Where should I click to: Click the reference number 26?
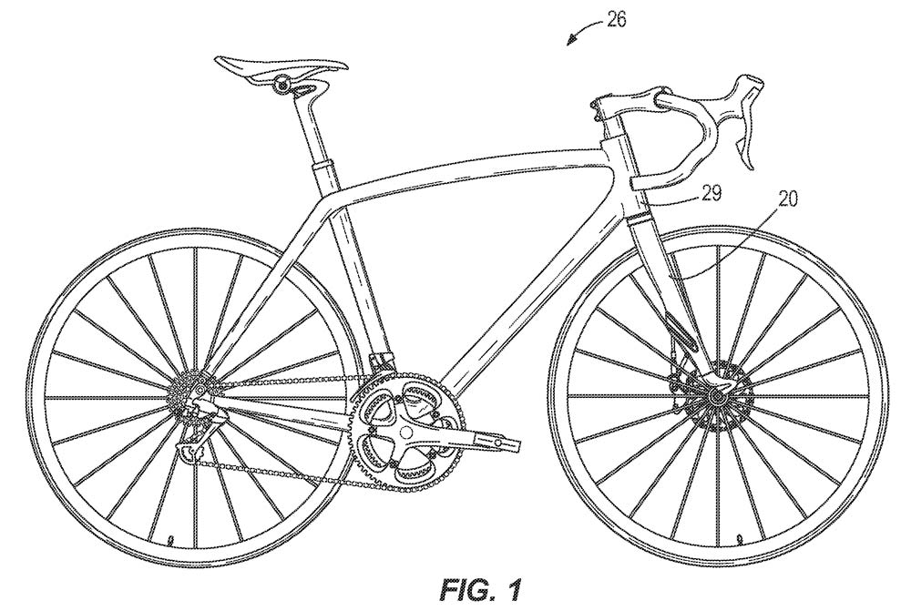pos(617,20)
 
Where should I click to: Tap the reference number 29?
pos(711,193)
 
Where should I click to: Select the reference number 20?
pos(787,199)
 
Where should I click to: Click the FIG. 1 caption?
pos(479,589)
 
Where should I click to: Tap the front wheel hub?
pos(716,397)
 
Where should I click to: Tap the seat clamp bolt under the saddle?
pos(283,84)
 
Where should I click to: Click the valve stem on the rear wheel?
pos(169,540)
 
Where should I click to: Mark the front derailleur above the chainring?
pos(381,364)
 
